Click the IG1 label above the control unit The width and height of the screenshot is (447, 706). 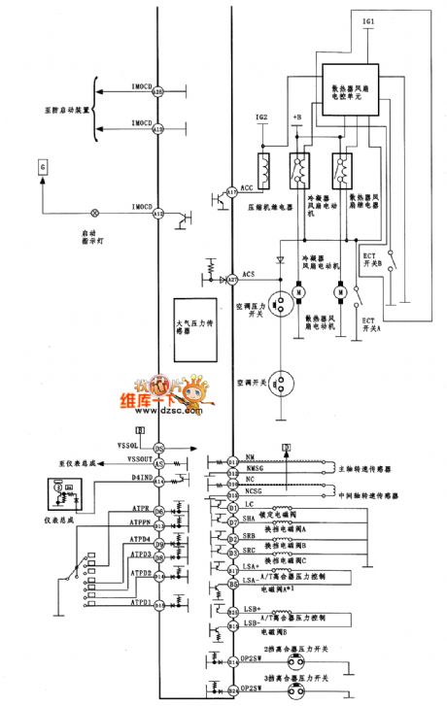(x=340, y=19)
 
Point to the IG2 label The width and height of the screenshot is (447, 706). (x=261, y=118)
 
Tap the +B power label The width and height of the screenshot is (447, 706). (x=295, y=118)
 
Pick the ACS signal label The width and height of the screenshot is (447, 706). (x=249, y=275)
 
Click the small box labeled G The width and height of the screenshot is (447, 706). (x=43, y=168)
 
